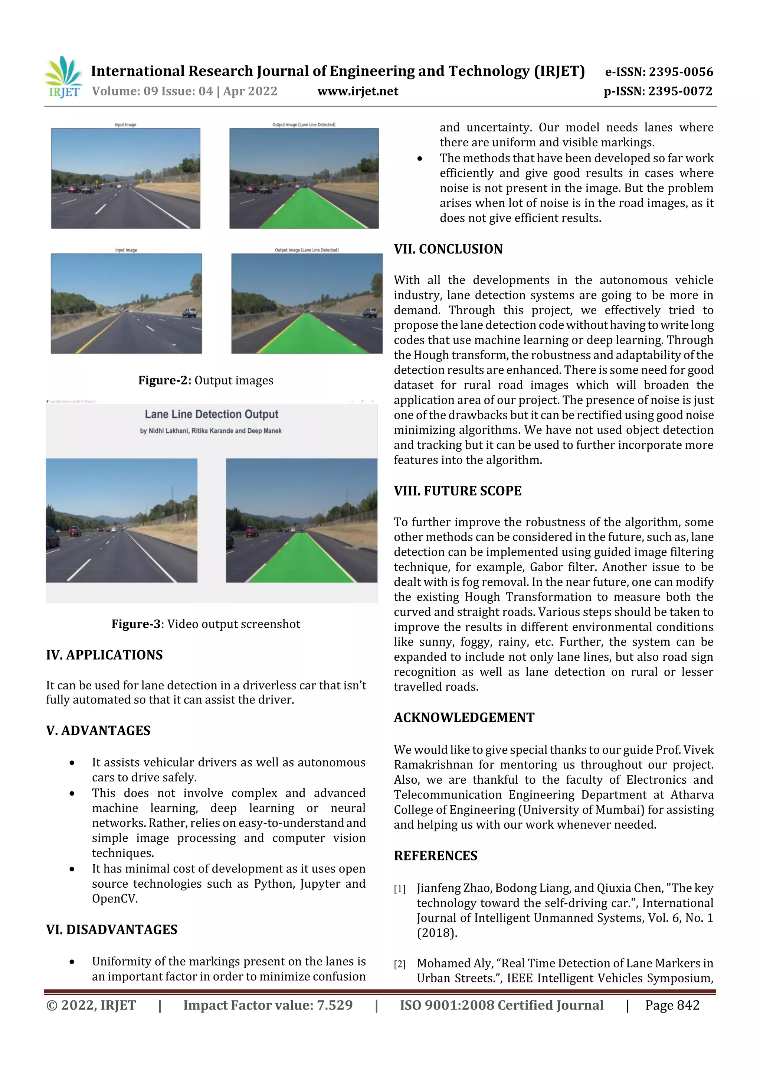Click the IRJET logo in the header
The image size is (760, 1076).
click(x=63, y=77)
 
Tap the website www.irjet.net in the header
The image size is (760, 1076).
click(x=358, y=91)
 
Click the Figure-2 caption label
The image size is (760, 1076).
click(x=164, y=380)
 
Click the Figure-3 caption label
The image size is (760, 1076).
click(x=136, y=624)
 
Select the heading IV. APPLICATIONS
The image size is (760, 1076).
click(x=104, y=655)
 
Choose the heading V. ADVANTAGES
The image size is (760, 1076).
click(x=98, y=730)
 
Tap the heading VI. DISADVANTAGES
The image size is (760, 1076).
click(x=111, y=929)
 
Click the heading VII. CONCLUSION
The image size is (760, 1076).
click(x=448, y=249)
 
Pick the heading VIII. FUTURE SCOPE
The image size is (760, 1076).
click(x=458, y=491)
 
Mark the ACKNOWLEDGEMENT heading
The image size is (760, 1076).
click(x=463, y=718)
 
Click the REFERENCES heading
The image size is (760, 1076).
click(x=436, y=856)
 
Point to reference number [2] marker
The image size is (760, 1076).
click(x=399, y=964)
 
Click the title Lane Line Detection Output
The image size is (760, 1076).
click(x=212, y=414)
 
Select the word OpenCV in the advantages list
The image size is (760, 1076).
click(x=115, y=898)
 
